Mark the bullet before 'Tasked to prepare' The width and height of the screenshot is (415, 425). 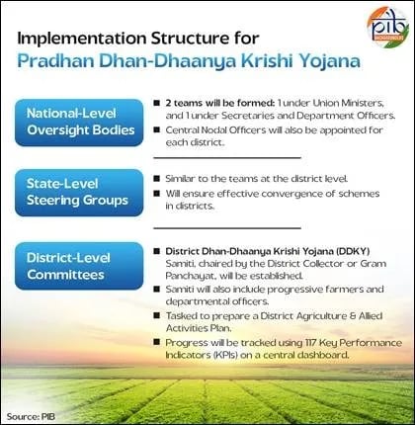tap(157, 315)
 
